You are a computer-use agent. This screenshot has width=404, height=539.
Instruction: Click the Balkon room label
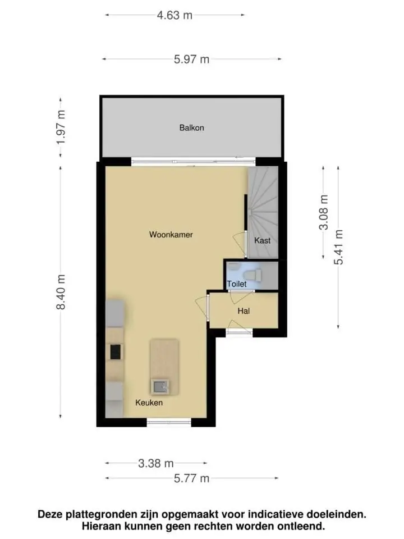click(x=192, y=128)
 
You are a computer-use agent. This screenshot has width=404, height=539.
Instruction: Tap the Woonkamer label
click(x=171, y=235)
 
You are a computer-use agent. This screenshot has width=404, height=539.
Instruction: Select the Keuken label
click(x=149, y=403)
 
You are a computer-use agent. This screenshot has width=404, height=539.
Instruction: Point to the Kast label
click(x=263, y=241)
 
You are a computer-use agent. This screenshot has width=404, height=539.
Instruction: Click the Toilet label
click(x=237, y=284)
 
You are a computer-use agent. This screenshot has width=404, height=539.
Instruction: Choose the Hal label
click(x=244, y=311)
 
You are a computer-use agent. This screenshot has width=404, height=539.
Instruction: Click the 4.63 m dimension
click(x=175, y=16)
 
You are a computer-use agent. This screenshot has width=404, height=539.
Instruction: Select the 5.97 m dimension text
click(x=191, y=60)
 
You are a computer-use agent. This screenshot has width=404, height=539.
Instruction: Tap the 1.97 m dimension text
click(x=61, y=127)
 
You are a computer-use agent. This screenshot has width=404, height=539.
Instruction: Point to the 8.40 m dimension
click(x=61, y=292)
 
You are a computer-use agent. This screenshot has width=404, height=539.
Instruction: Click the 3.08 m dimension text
click(x=324, y=212)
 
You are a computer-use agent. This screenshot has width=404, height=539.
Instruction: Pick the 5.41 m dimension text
click(x=339, y=247)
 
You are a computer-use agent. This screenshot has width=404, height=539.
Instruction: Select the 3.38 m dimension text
click(x=156, y=464)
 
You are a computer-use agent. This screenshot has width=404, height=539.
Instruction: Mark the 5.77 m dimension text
click(x=191, y=478)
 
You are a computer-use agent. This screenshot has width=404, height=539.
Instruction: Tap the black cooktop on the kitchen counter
click(x=116, y=351)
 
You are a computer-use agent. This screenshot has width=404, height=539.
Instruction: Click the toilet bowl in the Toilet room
click(x=252, y=275)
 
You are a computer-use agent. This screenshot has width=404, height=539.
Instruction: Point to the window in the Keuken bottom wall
click(x=169, y=422)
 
